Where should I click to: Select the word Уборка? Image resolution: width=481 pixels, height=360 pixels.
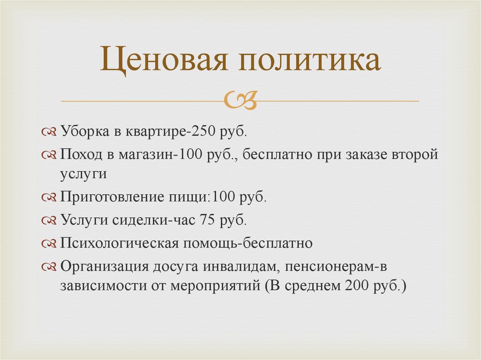coord(83,132)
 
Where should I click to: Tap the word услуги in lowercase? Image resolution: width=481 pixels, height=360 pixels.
coord(84,173)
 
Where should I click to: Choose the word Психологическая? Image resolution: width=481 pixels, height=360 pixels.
coord(118,243)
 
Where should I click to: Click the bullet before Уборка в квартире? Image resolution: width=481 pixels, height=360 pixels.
coord(49,133)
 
